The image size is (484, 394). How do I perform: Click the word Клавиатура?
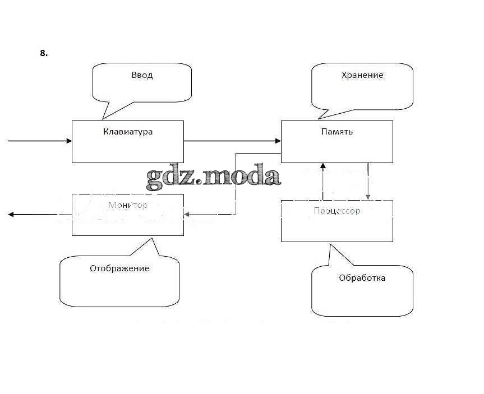pyautogui.click(x=128, y=132)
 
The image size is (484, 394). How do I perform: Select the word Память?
pyautogui.click(x=337, y=132)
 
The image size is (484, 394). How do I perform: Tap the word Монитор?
pyautogui.click(x=127, y=205)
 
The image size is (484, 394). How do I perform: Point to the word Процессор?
pyautogui.click(x=337, y=211)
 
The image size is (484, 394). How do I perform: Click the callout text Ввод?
pyautogui.click(x=142, y=75)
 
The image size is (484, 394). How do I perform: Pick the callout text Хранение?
pyautogui.click(x=362, y=75)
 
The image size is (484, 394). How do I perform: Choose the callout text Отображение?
pyautogui.click(x=119, y=268)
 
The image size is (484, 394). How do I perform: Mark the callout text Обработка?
pyautogui.click(x=362, y=278)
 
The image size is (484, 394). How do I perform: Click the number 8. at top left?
pyautogui.click(x=44, y=53)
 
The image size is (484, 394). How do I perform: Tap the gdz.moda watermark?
pyautogui.click(x=213, y=177)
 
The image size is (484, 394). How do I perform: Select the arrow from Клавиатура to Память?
pyautogui.click(x=232, y=141)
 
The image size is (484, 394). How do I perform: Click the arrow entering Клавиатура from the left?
pyautogui.click(x=39, y=141)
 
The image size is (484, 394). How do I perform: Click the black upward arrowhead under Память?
pyautogui.click(x=322, y=166)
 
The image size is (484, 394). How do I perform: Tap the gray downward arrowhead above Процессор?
pyautogui.click(x=368, y=196)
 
